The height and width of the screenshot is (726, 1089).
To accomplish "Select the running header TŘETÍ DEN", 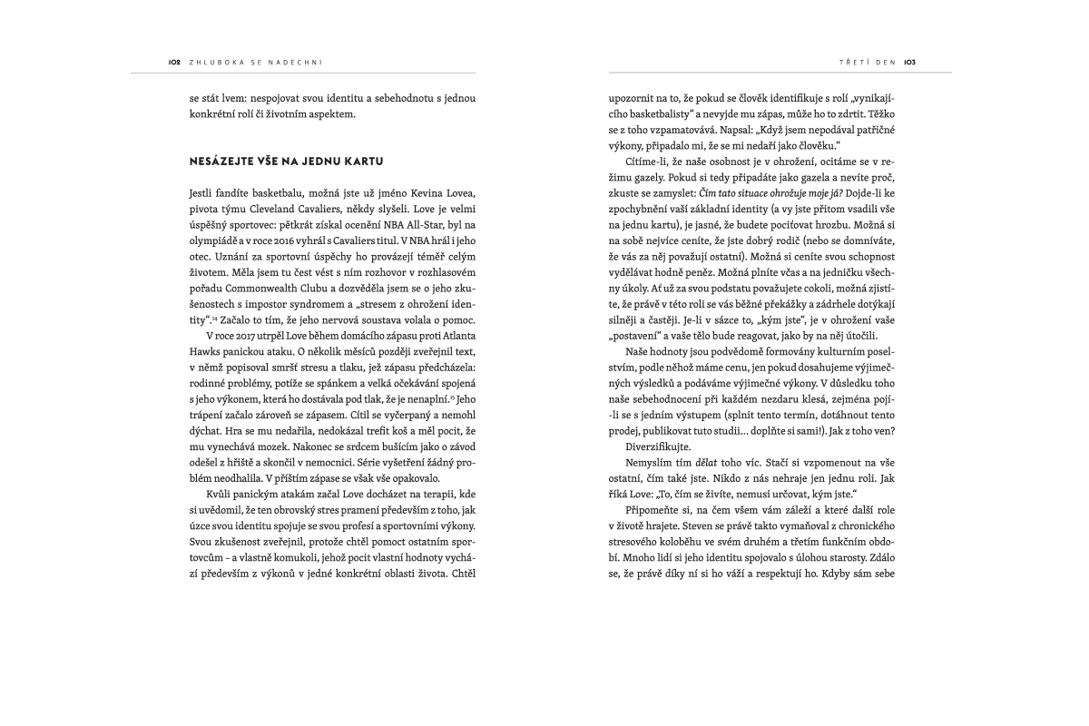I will pyautogui.click(x=867, y=63).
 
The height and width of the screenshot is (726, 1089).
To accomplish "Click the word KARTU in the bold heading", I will pyautogui.click(x=362, y=162).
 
